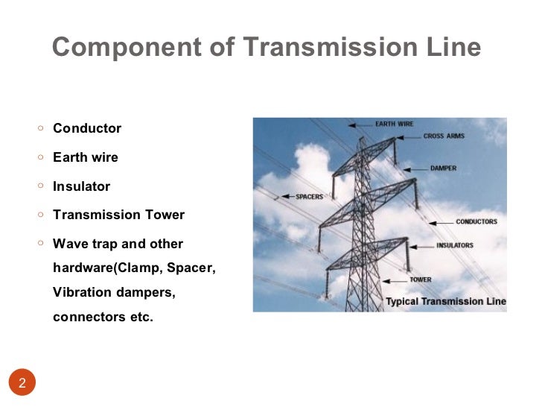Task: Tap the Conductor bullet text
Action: [87, 128]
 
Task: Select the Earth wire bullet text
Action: [86, 157]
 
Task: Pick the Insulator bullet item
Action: [81, 186]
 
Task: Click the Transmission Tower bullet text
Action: [118, 215]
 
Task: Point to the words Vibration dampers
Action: [114, 292]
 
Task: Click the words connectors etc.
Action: [103, 317]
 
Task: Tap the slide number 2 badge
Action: [22, 384]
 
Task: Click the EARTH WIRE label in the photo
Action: [394, 124]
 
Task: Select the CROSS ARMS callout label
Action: [444, 136]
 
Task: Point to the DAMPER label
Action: [443, 168]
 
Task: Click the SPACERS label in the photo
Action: [309, 197]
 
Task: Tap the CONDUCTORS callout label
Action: [476, 221]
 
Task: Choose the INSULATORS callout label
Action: [454, 245]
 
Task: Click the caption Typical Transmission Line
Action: [445, 302]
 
